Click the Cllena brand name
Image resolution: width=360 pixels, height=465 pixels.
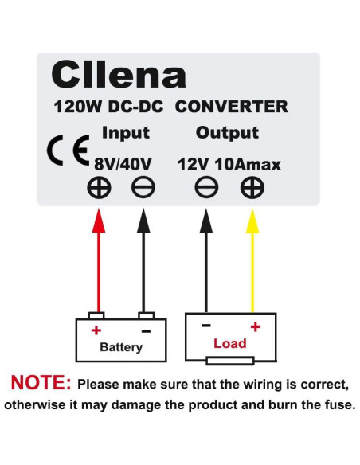[x=119, y=75]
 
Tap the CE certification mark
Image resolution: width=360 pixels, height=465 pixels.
[x=68, y=153]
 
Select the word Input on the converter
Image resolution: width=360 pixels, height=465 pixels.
[x=125, y=133]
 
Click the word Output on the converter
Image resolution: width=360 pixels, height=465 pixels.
[x=227, y=133]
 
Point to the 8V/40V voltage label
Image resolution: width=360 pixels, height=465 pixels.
[x=123, y=164]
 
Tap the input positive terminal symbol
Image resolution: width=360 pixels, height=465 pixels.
[x=100, y=189]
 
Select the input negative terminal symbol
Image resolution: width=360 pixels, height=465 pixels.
[x=144, y=189]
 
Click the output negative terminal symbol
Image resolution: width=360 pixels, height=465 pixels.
[x=206, y=189]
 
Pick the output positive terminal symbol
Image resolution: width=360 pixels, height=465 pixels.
[x=252, y=189]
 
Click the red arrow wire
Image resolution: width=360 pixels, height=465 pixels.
[x=100, y=263]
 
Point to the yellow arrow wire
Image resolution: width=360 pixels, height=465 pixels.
[x=252, y=263]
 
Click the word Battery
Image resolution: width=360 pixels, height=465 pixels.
[x=121, y=347]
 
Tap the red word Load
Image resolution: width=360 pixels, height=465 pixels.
[x=229, y=344]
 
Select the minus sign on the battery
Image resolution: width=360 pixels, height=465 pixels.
[x=145, y=330]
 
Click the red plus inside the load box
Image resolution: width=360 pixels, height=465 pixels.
[x=256, y=326]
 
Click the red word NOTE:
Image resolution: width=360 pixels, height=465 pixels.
[x=40, y=384]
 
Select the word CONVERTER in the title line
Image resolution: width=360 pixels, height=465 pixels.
[x=231, y=106]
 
